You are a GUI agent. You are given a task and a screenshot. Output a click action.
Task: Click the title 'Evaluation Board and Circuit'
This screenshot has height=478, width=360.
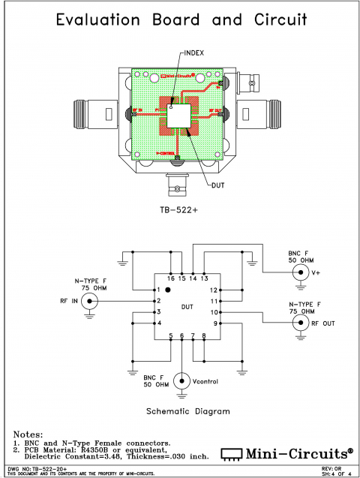click(x=179, y=22)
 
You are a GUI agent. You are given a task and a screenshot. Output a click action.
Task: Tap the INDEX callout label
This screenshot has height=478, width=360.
click(x=194, y=53)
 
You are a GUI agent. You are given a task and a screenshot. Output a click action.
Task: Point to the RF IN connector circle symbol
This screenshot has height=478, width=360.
click(x=90, y=301)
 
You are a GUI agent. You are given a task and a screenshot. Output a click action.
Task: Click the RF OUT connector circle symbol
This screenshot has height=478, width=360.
click(x=300, y=323)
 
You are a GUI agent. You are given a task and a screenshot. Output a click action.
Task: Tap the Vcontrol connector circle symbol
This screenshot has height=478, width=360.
click(x=181, y=381)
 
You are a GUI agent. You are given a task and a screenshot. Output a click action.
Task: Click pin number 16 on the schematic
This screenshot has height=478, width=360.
click(x=170, y=278)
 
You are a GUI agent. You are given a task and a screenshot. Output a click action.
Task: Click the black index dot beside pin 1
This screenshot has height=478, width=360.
click(x=169, y=289)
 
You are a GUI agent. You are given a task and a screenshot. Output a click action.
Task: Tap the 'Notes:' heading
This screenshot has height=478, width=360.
click(x=30, y=434)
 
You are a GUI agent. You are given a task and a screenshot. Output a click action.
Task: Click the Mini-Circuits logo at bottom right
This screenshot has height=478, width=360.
click(x=289, y=452)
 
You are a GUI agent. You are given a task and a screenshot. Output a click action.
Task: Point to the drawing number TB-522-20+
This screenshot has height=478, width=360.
click(x=41, y=467)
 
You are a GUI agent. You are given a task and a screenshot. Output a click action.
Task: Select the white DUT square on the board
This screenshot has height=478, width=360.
click(x=180, y=115)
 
